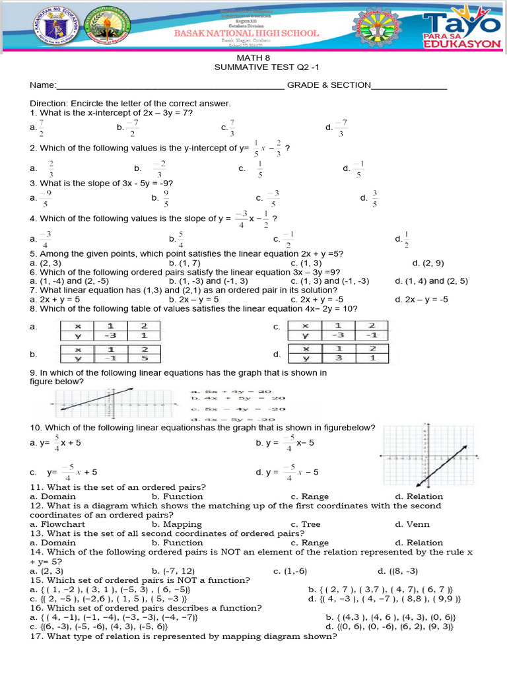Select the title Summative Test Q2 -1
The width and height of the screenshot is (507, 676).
point(254,68)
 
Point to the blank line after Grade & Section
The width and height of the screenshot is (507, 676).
point(409,86)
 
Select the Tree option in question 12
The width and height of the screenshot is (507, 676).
point(310,524)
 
